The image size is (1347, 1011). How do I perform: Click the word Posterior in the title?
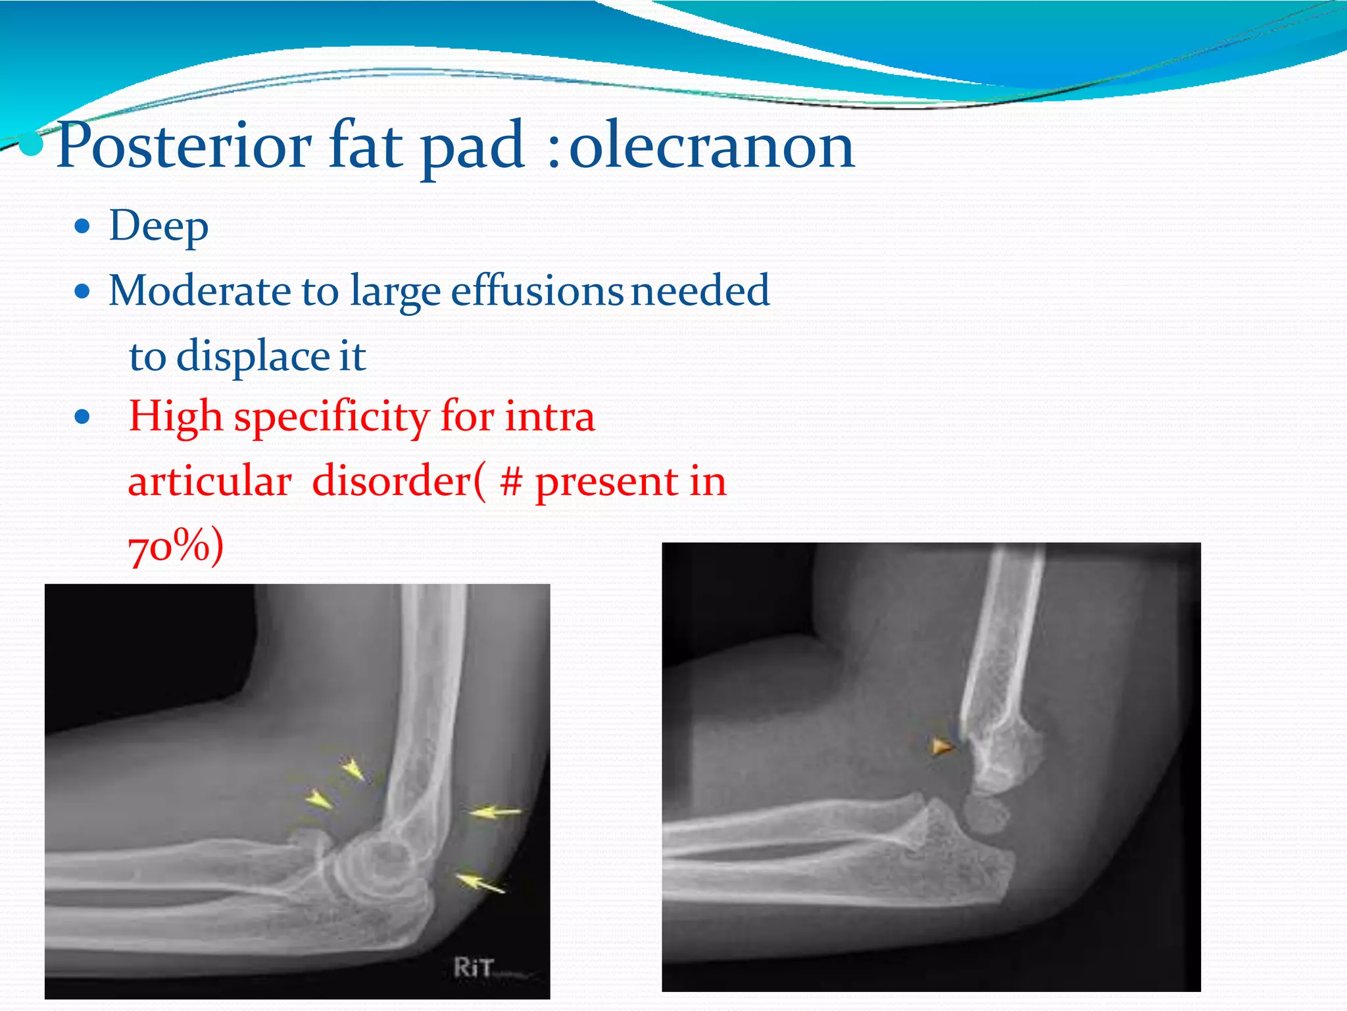(184, 146)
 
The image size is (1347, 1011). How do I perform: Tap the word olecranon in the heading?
(711, 146)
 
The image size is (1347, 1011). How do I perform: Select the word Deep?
(159, 227)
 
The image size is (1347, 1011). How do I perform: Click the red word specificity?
(332, 417)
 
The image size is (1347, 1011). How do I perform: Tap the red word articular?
(210, 481)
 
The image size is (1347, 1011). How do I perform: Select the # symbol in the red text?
(512, 481)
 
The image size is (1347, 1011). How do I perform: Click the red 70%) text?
(176, 546)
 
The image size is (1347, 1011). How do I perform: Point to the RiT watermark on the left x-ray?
(474, 967)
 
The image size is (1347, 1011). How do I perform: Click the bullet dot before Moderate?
(82, 291)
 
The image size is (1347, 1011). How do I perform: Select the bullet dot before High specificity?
(82, 417)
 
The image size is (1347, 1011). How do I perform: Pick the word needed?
(700, 290)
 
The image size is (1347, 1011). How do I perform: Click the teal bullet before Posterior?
(30, 146)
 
